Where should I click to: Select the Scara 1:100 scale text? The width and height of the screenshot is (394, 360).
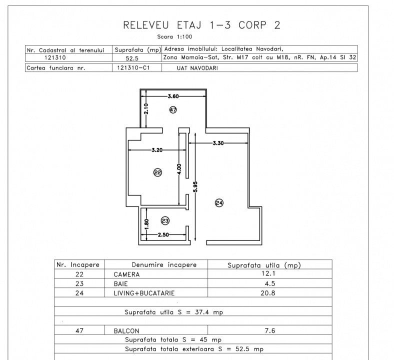[174, 36]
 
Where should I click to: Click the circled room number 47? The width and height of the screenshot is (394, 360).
[173, 109]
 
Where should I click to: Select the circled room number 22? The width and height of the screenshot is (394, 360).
[157, 172]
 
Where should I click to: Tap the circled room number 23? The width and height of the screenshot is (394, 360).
[165, 220]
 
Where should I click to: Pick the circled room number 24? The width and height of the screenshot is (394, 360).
[218, 202]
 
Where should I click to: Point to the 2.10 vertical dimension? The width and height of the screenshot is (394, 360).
[145, 108]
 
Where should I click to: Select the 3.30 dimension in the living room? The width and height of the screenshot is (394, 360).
[218, 143]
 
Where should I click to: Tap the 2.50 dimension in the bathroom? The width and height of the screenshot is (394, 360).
[163, 234]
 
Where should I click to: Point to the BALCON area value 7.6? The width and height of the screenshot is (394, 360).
[272, 330]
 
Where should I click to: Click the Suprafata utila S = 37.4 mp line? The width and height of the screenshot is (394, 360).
[173, 312]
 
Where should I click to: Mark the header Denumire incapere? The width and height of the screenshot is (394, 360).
[164, 265]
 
